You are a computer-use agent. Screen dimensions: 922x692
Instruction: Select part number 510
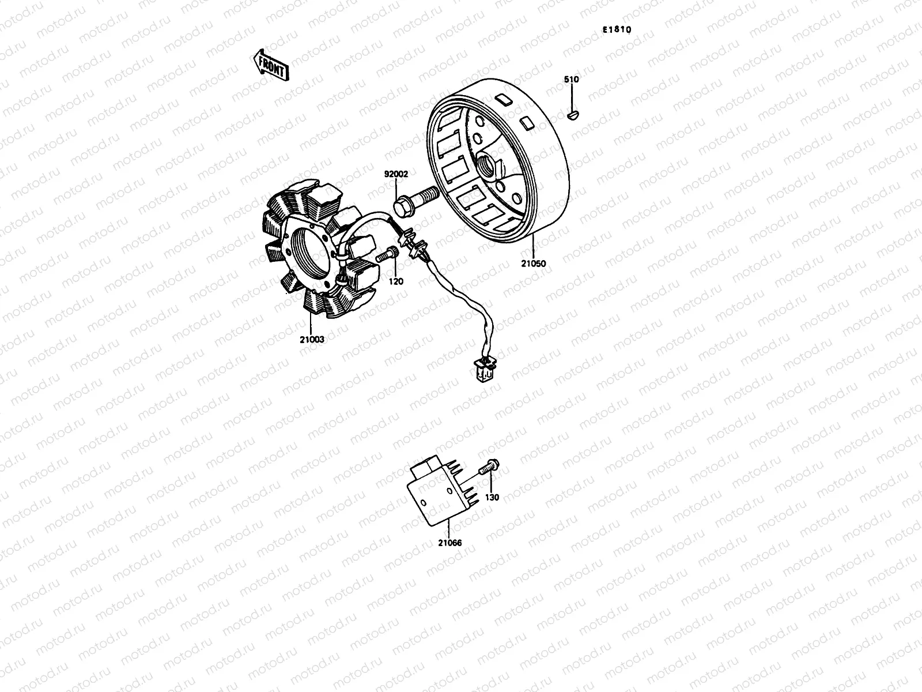pos(571,80)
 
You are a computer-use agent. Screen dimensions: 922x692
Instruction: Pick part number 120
pos(396,281)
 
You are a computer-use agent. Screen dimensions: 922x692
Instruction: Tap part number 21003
pos(312,340)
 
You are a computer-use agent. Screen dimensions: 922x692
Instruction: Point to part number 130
pos(492,497)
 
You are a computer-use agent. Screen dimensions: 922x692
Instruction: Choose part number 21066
pos(449,543)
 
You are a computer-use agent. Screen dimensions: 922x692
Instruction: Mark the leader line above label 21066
pos(449,528)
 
